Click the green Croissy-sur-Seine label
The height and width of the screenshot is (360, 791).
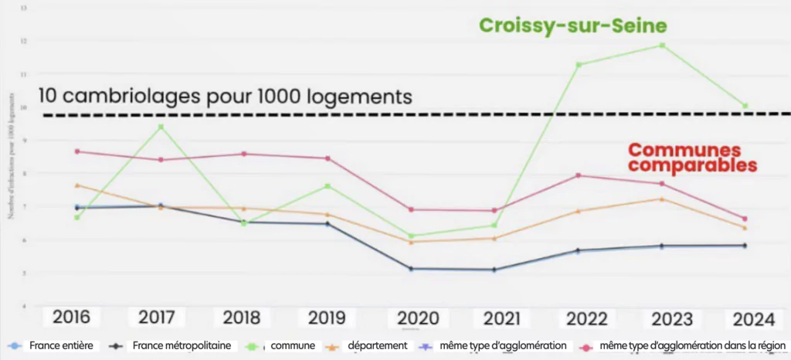572,25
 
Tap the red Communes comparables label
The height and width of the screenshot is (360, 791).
691,158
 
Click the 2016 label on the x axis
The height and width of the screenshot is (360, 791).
72,318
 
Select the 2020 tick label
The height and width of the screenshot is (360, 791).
418,318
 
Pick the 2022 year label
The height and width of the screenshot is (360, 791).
586,318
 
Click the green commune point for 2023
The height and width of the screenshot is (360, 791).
662,46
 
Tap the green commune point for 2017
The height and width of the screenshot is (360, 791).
161,127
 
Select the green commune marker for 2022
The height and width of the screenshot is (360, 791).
579,64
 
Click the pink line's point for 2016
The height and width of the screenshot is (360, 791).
77,151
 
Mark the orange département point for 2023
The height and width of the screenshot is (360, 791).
662,199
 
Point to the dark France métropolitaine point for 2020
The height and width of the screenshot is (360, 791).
412,269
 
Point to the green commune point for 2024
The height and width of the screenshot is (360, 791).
745,106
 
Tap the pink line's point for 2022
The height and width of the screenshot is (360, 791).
579,175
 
